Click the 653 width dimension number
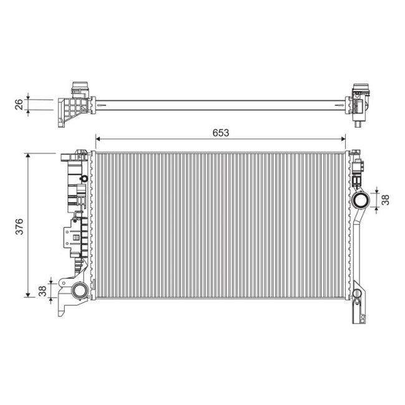221,133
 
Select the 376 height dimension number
20,227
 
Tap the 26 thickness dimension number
19,104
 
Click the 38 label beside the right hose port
385,199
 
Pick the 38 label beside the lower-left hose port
42,291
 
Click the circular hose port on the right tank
361,200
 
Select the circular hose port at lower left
80,291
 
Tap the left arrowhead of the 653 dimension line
98,139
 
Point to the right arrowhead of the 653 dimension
343,139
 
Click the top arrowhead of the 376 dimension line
28,155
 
